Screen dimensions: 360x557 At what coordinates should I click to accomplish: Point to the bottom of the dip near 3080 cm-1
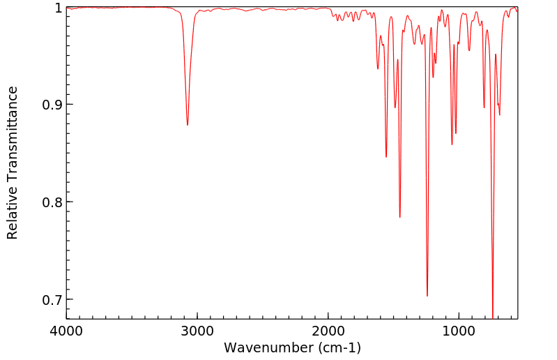pos(188,125)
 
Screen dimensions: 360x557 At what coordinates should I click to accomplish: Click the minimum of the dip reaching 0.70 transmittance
pos(427,296)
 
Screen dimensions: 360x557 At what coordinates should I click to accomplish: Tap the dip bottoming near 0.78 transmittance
pos(399,217)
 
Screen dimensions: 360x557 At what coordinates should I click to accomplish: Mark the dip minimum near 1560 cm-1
pos(386,157)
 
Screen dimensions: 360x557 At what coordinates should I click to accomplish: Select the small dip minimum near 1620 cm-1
pos(378,68)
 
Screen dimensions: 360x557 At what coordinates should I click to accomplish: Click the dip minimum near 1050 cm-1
pos(452,144)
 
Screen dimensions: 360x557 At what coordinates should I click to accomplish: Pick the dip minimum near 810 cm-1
pos(484,107)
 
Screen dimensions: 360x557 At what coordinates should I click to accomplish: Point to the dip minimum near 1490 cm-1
pos(395,107)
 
